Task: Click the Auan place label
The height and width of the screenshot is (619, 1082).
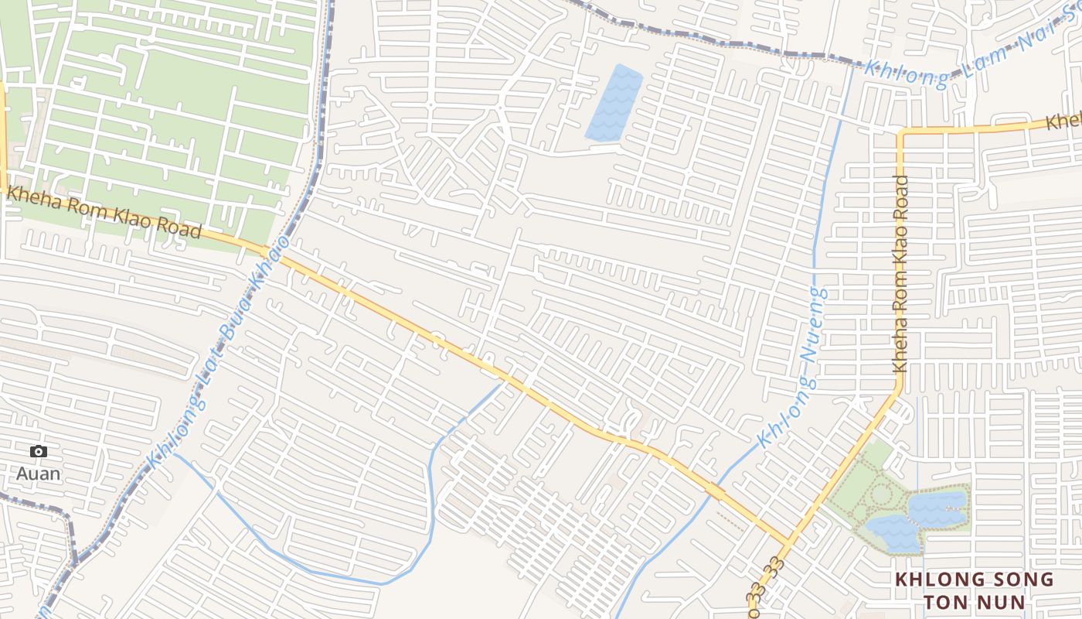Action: pos(38,473)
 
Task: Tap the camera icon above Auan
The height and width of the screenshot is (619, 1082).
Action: pos(38,452)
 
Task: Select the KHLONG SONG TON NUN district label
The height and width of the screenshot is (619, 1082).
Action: pos(974,590)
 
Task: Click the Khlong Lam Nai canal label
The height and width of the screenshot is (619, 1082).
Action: pos(966,58)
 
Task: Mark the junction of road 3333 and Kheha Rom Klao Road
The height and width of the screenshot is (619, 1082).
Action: pos(789,541)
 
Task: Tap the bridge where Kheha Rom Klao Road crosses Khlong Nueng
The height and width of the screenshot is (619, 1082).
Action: pos(715,491)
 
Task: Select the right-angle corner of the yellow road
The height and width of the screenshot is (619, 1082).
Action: pos(901,133)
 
